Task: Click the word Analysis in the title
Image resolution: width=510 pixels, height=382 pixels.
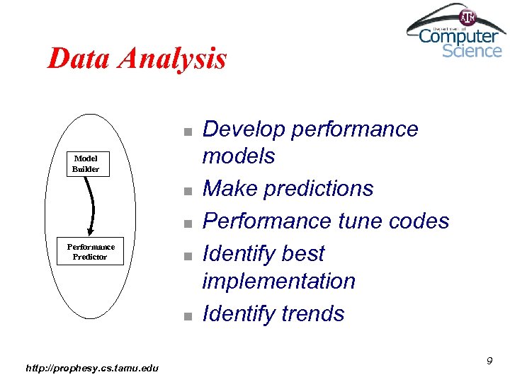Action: (173, 59)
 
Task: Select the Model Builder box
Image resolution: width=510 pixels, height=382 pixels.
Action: (86, 164)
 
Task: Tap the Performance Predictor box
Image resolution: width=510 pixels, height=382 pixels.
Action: (90, 252)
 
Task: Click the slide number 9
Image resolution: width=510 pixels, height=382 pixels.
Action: (489, 361)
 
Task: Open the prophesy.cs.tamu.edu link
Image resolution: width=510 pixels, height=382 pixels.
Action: (92, 367)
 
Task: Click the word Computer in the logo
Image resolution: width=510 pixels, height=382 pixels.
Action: (458, 36)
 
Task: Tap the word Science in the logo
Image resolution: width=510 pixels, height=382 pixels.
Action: (472, 51)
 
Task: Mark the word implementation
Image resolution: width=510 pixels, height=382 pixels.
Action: (278, 281)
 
